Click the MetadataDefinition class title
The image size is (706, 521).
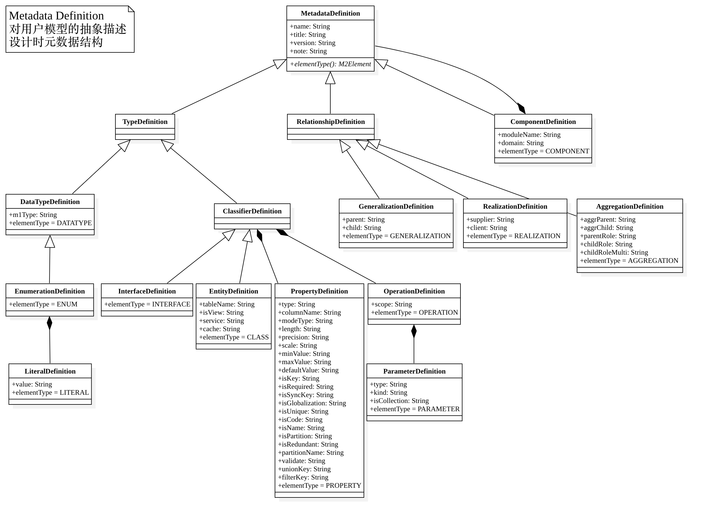coord(330,13)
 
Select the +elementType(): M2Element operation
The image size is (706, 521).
coord(330,64)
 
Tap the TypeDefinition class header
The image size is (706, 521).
coord(145,122)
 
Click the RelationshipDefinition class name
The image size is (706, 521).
coord(331,122)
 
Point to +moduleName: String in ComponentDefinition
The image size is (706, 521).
coord(529,135)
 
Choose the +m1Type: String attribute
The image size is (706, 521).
coord(33,215)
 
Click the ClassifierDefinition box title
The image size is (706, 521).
coord(252,211)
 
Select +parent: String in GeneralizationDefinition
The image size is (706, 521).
coord(363,220)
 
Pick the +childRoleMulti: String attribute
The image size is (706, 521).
coord(614,252)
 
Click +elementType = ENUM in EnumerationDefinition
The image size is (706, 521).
coord(43,304)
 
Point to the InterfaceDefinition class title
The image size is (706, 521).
coord(147,291)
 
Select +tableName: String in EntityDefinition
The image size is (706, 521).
coord(226,304)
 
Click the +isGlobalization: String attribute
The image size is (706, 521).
coord(312,403)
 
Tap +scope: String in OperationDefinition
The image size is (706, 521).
coord(391,304)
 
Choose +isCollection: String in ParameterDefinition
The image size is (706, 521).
coord(399,401)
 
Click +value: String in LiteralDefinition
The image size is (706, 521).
coord(32,384)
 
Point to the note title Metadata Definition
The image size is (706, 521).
coord(57,16)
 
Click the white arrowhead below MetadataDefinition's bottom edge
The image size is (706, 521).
coord(330,78)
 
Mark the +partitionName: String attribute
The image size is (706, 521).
coord(310,453)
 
